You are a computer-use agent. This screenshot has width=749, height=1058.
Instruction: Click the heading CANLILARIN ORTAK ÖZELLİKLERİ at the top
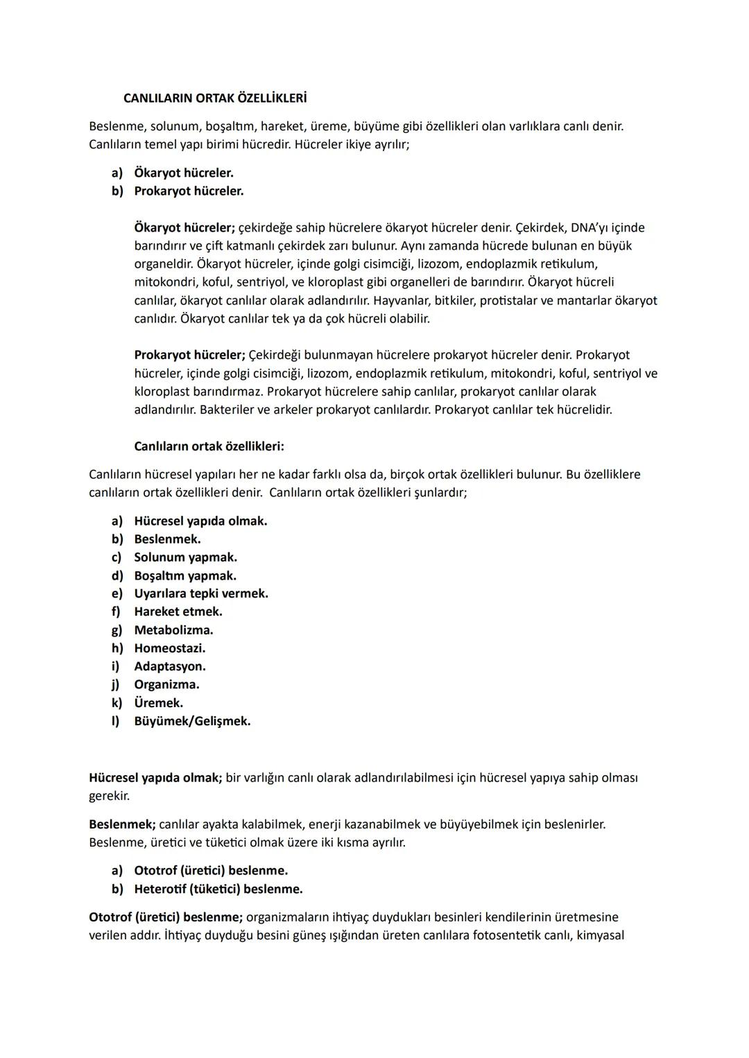coord(214,98)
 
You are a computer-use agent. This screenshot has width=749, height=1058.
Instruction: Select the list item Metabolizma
coord(173,630)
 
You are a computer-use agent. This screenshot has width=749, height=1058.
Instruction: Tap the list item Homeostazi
coord(169,648)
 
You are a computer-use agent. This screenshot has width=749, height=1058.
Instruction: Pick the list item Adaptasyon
coord(169,666)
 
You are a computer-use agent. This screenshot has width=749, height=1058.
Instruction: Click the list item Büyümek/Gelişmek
coord(192,721)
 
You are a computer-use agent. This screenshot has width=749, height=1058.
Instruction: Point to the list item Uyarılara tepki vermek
coord(200,593)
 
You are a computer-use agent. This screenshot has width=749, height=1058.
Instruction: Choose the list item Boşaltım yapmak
coord(185,575)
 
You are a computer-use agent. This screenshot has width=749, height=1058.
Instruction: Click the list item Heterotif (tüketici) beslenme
coord(218,889)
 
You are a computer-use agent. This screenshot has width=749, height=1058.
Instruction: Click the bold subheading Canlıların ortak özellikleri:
coord(209,446)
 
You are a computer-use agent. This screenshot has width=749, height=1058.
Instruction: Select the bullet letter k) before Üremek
coord(117,703)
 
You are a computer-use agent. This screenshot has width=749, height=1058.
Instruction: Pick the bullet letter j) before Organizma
coord(117,684)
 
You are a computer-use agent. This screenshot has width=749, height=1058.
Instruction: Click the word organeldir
coord(164,264)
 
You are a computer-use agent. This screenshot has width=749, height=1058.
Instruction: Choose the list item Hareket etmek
coord(178,612)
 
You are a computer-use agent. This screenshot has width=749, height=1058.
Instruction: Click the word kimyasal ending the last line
coord(600,935)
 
